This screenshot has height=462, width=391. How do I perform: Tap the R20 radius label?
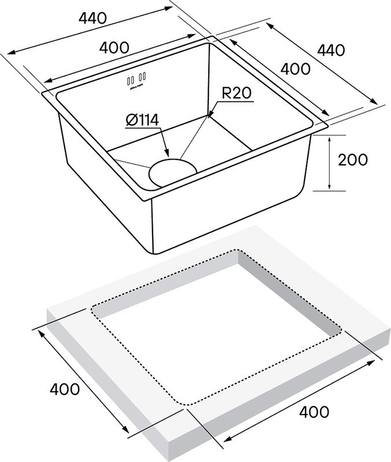pyautogui.click(x=237, y=93)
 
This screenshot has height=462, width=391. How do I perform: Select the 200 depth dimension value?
pyautogui.click(x=352, y=160)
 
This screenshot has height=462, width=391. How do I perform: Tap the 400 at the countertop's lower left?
pyautogui.click(x=64, y=389)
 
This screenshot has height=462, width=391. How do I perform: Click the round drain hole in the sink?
pyautogui.click(x=173, y=172)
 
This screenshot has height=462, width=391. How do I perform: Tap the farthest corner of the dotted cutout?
pyautogui.click(x=237, y=250)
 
